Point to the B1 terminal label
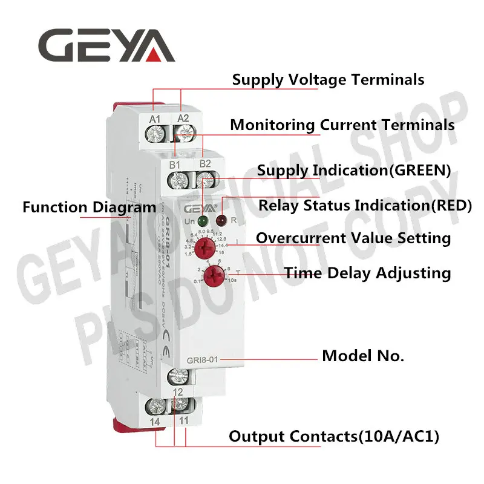pyautogui.click(x=175, y=164)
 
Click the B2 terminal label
pyautogui.click(x=205, y=164)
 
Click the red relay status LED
pyautogui.click(x=221, y=221)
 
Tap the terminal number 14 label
pyautogui.click(x=155, y=420)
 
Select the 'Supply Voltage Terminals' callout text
pyautogui.click(x=329, y=79)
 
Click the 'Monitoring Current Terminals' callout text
pyautogui.click(x=342, y=125)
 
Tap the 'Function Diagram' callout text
pyautogui.click(x=90, y=208)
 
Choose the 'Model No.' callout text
pyautogui.click(x=362, y=356)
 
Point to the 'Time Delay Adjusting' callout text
pyautogui.click(x=368, y=273)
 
